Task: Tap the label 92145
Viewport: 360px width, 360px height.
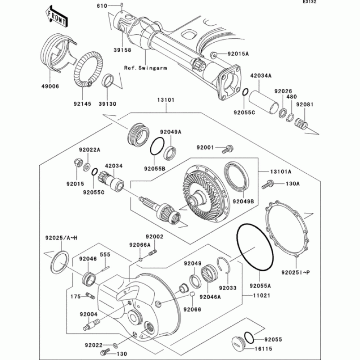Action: coord(82,103)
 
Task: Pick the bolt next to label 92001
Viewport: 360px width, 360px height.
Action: coord(228,148)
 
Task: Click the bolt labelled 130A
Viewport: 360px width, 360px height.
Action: coord(267,184)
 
